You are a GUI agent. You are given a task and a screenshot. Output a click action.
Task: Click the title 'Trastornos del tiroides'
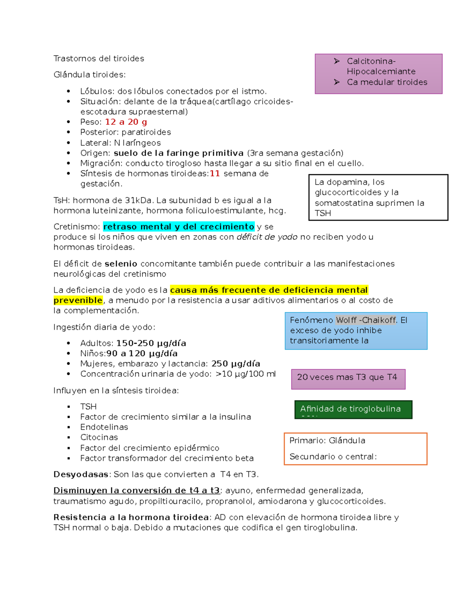tap(99, 59)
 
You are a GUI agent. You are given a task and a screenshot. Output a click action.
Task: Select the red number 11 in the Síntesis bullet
tap(215, 174)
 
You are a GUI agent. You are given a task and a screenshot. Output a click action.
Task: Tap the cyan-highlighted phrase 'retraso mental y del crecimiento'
tap(179, 227)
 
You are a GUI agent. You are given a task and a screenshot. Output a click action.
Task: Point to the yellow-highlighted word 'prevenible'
tap(78, 300)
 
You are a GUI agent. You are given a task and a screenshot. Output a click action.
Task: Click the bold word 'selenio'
tap(121, 264)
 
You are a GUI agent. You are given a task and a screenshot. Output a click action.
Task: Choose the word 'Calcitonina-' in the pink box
tap(371, 61)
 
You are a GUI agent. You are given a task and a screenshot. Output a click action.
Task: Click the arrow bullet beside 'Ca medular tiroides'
tap(337, 82)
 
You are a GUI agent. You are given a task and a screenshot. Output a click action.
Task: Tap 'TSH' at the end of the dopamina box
tap(323, 213)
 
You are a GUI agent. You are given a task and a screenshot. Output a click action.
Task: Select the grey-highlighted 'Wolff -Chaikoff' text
tap(366, 320)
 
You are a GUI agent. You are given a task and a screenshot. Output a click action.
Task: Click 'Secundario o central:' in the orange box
tap(333, 456)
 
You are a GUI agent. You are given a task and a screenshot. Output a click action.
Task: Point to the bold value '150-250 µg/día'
tap(151, 343)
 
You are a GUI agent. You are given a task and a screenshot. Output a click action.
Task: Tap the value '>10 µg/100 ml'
tap(245, 374)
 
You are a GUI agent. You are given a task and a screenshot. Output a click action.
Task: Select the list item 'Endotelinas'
tap(104, 427)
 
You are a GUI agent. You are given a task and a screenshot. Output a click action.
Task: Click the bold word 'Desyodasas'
tap(81, 475)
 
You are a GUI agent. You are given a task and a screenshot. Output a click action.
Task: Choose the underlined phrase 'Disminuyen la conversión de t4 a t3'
tap(136, 491)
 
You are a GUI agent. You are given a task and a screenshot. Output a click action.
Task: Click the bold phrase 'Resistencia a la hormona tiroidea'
tap(131, 518)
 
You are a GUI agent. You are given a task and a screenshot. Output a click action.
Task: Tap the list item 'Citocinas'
tap(99, 437)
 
